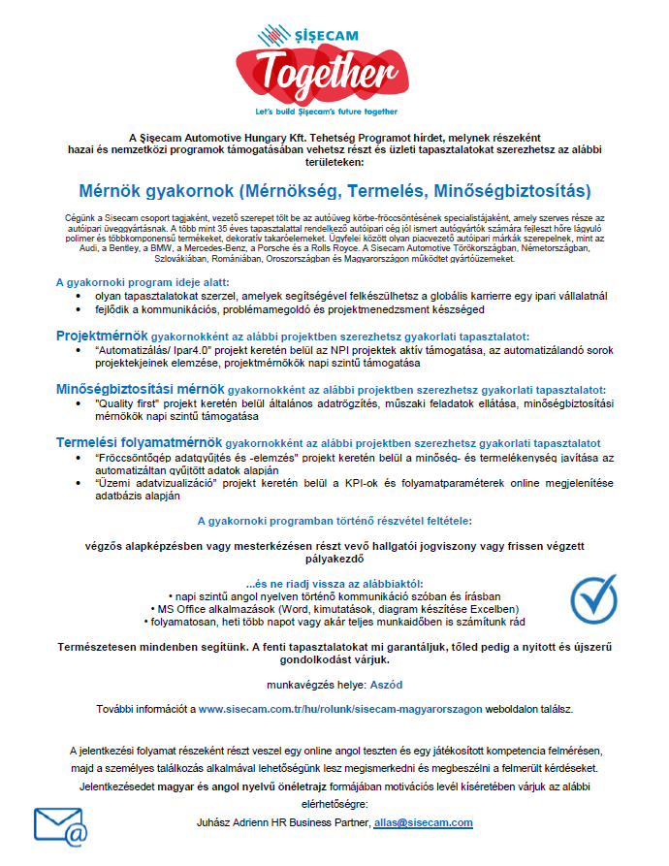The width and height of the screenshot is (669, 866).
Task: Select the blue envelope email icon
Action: (60, 826)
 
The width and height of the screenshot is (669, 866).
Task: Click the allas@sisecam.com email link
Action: (423, 822)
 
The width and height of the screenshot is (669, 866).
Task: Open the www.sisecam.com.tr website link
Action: (339, 710)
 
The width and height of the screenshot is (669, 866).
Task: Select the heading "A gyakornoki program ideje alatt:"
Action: (142, 282)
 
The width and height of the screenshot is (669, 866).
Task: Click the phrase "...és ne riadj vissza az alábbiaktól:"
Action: (334, 583)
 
